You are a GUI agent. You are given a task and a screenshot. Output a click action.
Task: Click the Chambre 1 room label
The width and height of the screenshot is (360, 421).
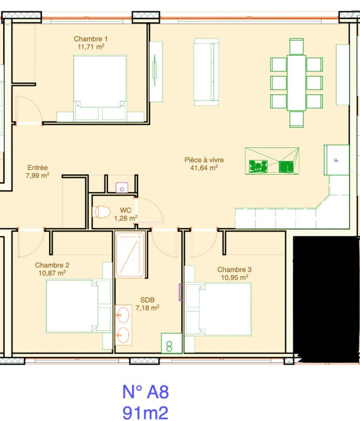pyautogui.click(x=91, y=39)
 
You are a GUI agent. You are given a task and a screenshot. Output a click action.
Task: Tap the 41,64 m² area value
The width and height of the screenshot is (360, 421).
pyautogui.click(x=204, y=168)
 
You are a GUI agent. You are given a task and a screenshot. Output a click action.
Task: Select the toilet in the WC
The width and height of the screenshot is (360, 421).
pyautogui.click(x=101, y=212)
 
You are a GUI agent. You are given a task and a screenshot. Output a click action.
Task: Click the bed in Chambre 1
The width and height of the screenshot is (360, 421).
pyautogui.click(x=99, y=88)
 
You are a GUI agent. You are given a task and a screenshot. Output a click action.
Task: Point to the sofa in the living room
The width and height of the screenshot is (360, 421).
pyautogui.click(x=206, y=72)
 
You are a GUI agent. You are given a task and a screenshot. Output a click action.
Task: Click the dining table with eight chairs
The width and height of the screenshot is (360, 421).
pyautogui.click(x=296, y=83)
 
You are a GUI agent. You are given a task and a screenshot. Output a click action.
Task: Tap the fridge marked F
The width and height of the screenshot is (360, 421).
pyautogui.click(x=336, y=160)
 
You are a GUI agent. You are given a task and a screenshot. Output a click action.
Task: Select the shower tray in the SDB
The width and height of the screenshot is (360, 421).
pyautogui.click(x=130, y=255)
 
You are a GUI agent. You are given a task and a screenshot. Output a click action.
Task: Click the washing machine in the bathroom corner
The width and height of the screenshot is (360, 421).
pyautogui.click(x=172, y=343)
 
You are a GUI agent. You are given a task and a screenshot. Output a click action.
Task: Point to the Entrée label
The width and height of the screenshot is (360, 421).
pyautogui.click(x=37, y=167)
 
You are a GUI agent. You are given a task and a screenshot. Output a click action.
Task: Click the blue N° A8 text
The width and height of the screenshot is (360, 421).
pyautogui.click(x=145, y=392)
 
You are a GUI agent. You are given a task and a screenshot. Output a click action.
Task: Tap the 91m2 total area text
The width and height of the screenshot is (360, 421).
pyautogui.click(x=145, y=413)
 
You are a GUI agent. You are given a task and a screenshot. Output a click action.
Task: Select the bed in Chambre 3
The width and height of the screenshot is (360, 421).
pyautogui.click(x=218, y=309)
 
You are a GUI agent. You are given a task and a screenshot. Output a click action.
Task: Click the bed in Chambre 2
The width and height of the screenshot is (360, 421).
pyautogui.click(x=78, y=306)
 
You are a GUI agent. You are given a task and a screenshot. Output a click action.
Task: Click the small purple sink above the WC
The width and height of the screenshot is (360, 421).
pyautogui.click(x=122, y=187)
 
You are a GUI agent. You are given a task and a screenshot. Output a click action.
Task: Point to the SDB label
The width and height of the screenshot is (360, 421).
pyautogui.click(x=147, y=300)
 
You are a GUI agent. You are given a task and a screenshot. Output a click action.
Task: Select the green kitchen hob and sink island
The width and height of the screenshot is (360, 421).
pyautogui.click(x=272, y=161)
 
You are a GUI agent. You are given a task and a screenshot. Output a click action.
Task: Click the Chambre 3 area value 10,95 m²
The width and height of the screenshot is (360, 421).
pyautogui.click(x=235, y=277)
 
